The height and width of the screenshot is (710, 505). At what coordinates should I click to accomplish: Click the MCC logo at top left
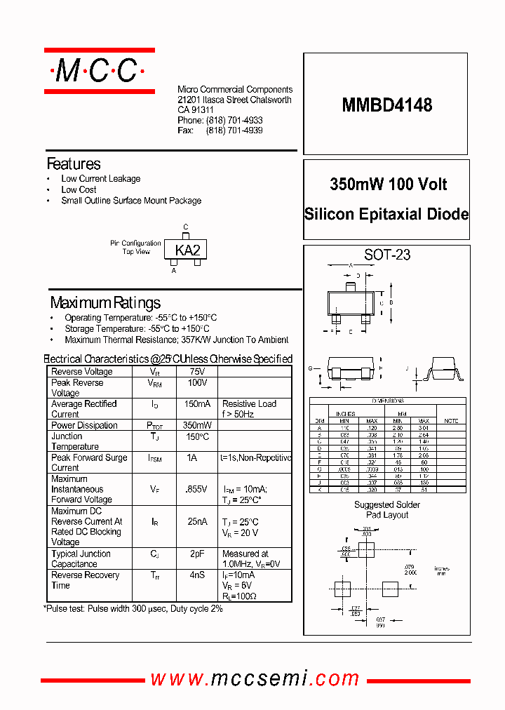(99, 71)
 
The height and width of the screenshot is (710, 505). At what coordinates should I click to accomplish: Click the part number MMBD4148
(386, 105)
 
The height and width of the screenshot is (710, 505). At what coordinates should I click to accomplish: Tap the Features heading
(74, 164)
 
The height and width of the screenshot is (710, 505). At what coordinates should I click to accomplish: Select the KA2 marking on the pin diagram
(187, 250)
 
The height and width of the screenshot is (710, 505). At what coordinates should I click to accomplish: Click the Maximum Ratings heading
(105, 303)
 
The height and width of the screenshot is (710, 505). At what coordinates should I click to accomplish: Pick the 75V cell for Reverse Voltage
(197, 372)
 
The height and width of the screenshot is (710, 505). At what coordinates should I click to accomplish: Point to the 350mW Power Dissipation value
(197, 426)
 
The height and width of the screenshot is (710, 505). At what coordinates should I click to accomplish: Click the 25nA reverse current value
(197, 522)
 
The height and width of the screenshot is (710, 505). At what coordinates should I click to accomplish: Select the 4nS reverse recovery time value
(197, 575)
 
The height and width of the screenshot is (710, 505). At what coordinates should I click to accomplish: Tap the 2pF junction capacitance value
(197, 554)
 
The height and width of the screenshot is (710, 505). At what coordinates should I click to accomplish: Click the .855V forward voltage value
(197, 490)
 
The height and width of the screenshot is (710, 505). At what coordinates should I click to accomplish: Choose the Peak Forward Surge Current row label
(89, 462)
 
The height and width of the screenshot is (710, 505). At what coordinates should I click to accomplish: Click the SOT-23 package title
(387, 255)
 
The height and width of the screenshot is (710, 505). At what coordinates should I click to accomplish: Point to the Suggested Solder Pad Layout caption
(386, 510)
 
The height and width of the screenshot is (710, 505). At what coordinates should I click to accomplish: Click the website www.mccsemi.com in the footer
(255, 679)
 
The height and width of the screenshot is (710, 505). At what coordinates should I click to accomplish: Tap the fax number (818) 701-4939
(234, 130)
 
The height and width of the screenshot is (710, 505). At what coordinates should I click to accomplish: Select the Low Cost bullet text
(79, 189)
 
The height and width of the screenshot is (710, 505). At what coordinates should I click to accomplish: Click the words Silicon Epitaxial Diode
(386, 215)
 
